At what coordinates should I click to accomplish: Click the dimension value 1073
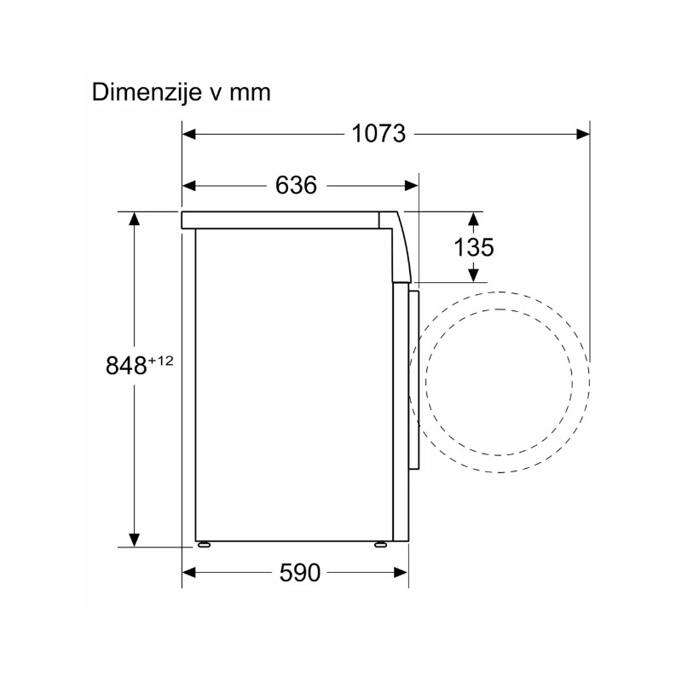379,134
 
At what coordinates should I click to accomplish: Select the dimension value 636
296,185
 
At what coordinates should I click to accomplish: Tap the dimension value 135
474,247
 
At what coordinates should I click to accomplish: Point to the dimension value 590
300,572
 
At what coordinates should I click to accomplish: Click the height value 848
126,365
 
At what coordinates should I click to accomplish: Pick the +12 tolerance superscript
160,361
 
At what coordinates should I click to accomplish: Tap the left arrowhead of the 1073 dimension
188,134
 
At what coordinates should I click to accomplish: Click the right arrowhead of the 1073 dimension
583,134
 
